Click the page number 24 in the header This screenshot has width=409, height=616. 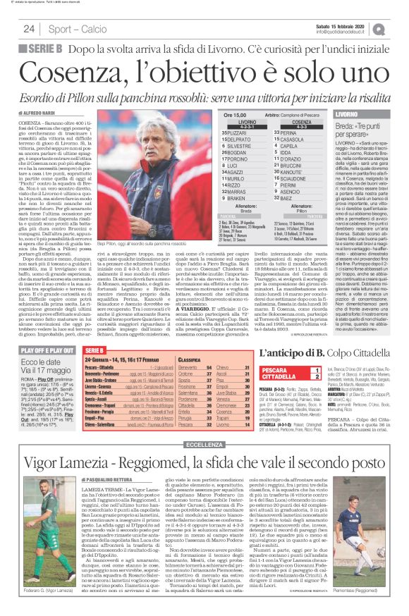(x=29, y=29)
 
